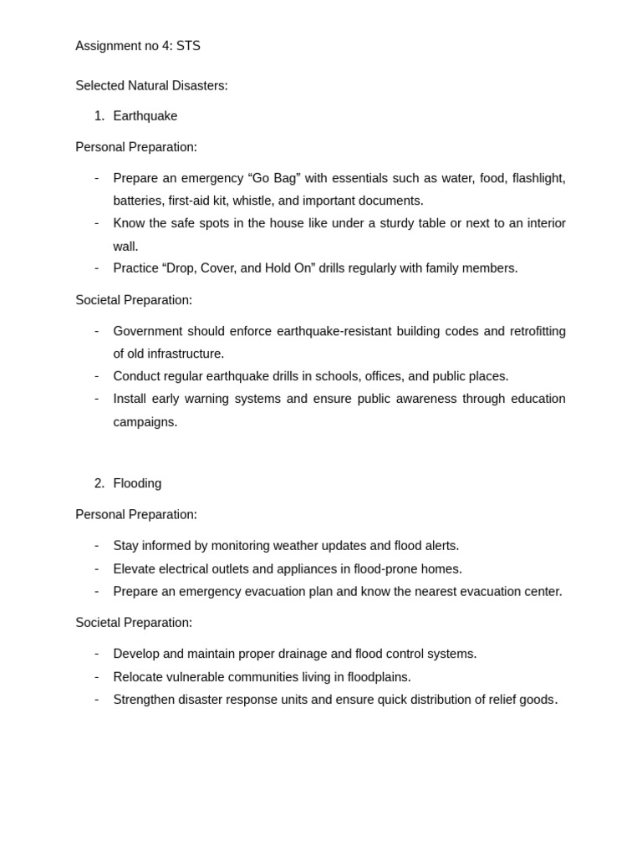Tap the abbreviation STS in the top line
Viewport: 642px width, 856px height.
click(188, 46)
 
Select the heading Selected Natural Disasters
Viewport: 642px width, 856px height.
click(151, 85)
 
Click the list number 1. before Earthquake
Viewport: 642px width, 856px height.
click(99, 116)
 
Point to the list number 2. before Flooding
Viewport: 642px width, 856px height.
click(99, 483)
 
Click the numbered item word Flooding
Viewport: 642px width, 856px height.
click(137, 483)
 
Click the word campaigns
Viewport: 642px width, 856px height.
click(145, 422)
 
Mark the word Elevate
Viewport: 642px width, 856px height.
click(136, 569)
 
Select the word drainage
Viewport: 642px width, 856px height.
click(299, 654)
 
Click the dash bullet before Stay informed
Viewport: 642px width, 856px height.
click(97, 546)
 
